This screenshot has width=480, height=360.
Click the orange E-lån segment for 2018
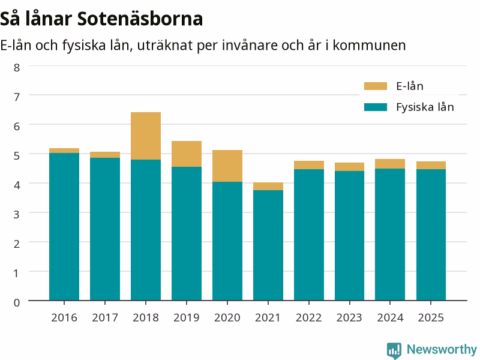click(x=146, y=136)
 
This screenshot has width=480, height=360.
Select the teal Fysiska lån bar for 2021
click(x=268, y=245)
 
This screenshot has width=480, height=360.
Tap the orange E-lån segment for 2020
click(x=227, y=166)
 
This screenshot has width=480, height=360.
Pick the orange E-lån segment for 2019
click(x=187, y=154)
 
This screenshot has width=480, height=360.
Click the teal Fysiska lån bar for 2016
click(x=64, y=227)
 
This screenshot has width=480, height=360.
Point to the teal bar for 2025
click(x=431, y=235)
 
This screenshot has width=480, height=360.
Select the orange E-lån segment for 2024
click(x=390, y=164)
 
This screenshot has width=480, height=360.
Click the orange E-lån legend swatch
click(x=376, y=86)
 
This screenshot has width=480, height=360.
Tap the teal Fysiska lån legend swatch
click(x=376, y=107)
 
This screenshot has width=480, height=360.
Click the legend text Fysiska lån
click(x=425, y=107)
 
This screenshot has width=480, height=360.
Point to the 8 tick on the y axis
click(x=17, y=68)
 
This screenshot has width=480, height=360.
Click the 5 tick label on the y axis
click(x=17, y=156)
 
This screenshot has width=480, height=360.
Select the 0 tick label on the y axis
click(x=17, y=303)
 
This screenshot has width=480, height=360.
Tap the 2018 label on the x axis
click(x=146, y=318)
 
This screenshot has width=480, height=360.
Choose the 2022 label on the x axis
click(x=308, y=318)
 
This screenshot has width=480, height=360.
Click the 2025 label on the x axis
click(x=431, y=318)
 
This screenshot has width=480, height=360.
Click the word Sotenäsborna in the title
click(x=140, y=19)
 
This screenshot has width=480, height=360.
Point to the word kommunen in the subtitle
click(x=369, y=46)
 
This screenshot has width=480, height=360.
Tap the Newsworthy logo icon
click(x=394, y=350)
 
